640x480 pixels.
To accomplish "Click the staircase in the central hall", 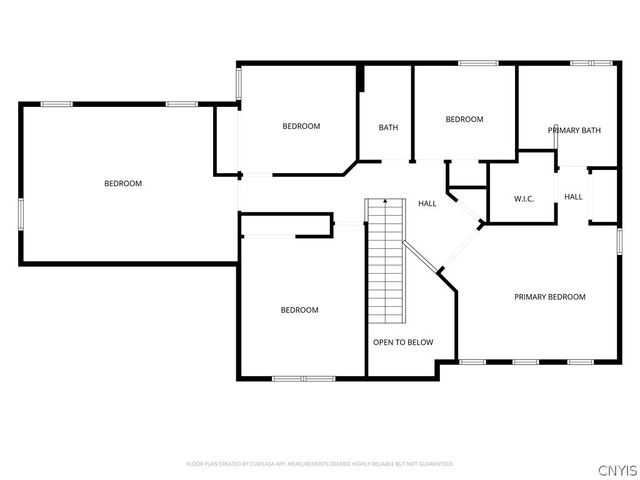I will pyautogui.click(x=384, y=260).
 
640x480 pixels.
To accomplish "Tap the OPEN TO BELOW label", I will pyautogui.click(x=403, y=342).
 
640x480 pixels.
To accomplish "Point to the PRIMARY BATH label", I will pyautogui.click(x=574, y=130).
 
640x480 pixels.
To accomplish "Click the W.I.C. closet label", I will pyautogui.click(x=524, y=199).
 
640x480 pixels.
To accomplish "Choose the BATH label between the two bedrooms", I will pyautogui.click(x=388, y=127).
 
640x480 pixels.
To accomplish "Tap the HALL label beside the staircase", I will pyautogui.click(x=427, y=203).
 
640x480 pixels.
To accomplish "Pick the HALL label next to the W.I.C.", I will pyautogui.click(x=573, y=197).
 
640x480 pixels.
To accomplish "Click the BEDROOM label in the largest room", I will pyautogui.click(x=123, y=183).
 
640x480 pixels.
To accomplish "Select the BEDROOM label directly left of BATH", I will pyautogui.click(x=300, y=126).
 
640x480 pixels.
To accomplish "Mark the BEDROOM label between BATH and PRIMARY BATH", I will pyautogui.click(x=464, y=120).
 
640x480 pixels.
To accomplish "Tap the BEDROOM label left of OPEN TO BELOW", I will pyautogui.click(x=299, y=310).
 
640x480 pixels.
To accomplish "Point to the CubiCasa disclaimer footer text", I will pyautogui.click(x=320, y=464).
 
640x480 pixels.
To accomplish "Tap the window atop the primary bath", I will pyautogui.click(x=590, y=64).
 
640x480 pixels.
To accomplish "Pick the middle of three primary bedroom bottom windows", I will pyautogui.click(x=526, y=361).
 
